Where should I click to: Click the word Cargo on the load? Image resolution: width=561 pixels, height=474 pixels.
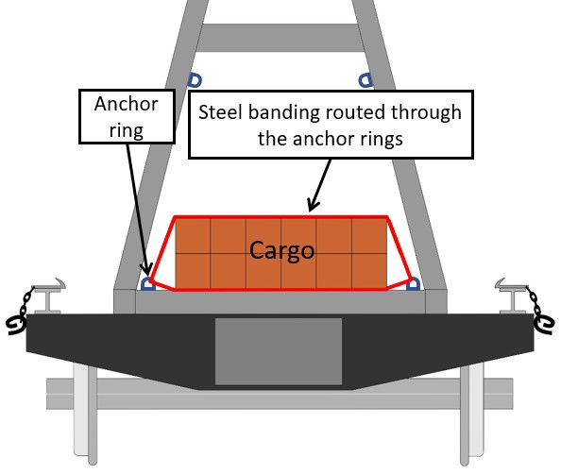[x=281, y=250]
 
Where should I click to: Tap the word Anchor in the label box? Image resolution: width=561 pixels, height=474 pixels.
[x=127, y=104]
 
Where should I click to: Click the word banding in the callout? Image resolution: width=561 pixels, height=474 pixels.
[x=283, y=112]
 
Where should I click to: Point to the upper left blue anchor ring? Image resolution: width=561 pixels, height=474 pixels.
[x=195, y=80]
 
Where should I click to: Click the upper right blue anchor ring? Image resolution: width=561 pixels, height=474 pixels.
[x=365, y=80]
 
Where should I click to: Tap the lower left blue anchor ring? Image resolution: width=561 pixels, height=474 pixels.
[x=147, y=283]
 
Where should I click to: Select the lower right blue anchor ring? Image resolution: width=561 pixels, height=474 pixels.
[x=414, y=283]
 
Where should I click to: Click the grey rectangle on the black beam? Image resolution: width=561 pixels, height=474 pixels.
[x=279, y=351]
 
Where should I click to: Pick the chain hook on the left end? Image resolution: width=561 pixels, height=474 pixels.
[x=16, y=324]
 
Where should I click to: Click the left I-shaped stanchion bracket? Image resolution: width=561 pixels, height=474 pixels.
[x=48, y=296]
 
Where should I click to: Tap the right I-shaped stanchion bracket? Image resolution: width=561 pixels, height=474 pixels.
[x=512, y=296]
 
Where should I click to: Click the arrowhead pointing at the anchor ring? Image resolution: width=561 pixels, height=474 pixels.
[x=146, y=268]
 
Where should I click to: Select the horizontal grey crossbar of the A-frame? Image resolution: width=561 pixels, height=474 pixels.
[x=280, y=38]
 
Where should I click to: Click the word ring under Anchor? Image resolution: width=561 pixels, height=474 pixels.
[x=127, y=130]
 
